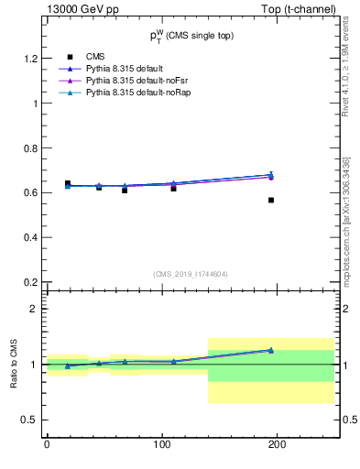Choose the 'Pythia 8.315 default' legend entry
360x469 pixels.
pyautogui.click(x=125, y=69)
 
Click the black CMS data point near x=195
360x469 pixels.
pyautogui.click(x=271, y=200)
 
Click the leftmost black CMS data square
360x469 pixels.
pyautogui.click(x=68, y=184)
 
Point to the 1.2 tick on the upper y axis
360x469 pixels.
pyautogui.click(x=30, y=59)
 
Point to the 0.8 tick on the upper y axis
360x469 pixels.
pyautogui.click(x=30, y=147)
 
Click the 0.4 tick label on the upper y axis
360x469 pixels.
pyautogui.click(x=30, y=237)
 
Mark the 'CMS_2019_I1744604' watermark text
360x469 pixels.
pyautogui.click(x=191, y=273)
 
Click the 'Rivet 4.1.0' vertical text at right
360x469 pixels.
pyautogui.click(x=348, y=55)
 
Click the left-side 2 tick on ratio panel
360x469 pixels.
pyautogui.click(x=33, y=309)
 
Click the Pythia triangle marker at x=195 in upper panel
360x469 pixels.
pyautogui.click(x=271, y=175)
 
